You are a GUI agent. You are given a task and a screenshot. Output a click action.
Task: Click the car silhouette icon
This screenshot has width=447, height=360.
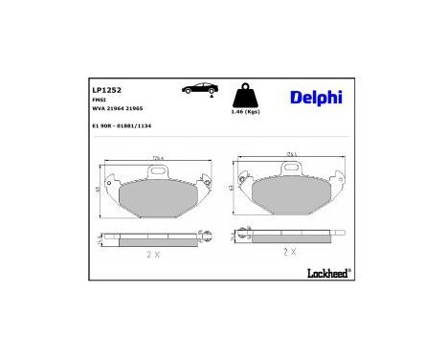pyautogui.click(x=199, y=88)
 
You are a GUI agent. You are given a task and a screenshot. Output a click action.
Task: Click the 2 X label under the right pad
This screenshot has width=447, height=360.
pyautogui.click(x=290, y=251)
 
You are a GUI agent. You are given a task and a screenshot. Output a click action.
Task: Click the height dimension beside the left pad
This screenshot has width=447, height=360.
pyautogui.click(x=101, y=191)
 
